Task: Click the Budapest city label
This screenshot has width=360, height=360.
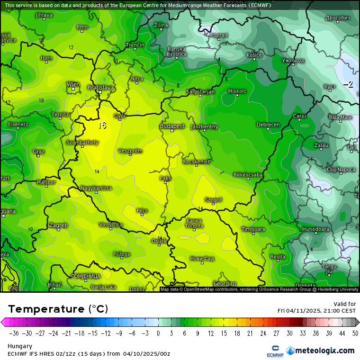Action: click(x=172, y=126)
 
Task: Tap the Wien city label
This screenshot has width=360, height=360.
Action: click(x=73, y=84)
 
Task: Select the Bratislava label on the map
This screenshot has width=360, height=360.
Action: click(x=100, y=87)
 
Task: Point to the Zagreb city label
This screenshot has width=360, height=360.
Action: click(x=58, y=225)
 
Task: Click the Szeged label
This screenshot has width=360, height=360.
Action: click(x=213, y=200)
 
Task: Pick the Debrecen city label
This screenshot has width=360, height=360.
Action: click(x=268, y=125)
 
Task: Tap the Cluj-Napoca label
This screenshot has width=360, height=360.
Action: click(x=341, y=169)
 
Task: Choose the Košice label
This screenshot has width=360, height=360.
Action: click(x=254, y=55)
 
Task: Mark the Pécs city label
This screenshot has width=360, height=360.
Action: click(x=142, y=210)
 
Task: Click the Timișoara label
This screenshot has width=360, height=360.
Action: click(x=253, y=229)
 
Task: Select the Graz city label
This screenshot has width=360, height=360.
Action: click(x=39, y=152)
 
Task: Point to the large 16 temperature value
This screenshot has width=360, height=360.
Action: click(x=102, y=125)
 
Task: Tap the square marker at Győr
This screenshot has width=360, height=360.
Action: click(x=120, y=119)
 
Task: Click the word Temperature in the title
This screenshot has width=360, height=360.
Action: click(x=46, y=309)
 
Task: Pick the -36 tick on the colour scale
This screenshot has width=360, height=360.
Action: click(x=15, y=333)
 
